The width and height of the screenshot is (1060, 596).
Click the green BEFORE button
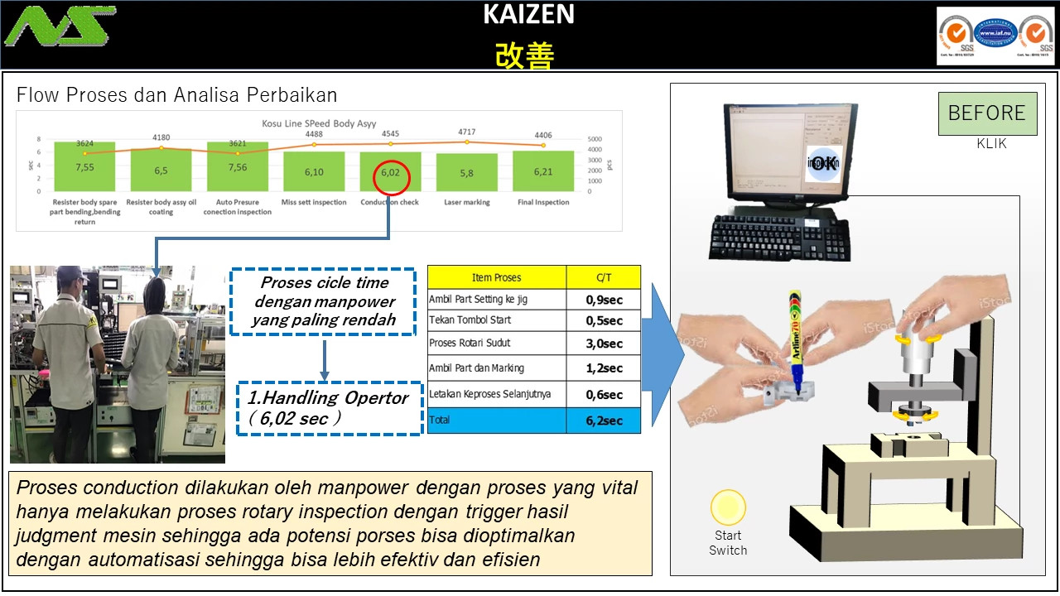click(x=987, y=113)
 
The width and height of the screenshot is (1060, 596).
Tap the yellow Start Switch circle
click(x=728, y=507)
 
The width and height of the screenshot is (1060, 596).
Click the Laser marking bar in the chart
click(x=467, y=172)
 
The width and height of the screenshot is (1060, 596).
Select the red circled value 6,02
click(x=390, y=173)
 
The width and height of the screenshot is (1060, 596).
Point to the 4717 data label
click(x=467, y=132)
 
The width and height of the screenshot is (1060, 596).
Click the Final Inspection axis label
click(x=543, y=202)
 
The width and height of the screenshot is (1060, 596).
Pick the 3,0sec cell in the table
click(x=604, y=344)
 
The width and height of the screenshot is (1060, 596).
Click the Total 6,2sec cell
click(x=604, y=421)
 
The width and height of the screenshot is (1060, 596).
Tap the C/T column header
click(x=604, y=277)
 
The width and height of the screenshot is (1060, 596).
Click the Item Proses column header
click(x=496, y=277)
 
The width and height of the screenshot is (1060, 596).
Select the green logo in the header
click(x=60, y=26)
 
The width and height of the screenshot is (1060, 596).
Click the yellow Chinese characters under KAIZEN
click(x=525, y=55)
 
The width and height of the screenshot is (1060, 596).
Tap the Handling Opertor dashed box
click(x=330, y=408)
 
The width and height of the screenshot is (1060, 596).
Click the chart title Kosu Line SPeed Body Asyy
click(x=319, y=123)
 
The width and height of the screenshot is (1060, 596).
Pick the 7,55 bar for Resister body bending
click(x=84, y=167)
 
